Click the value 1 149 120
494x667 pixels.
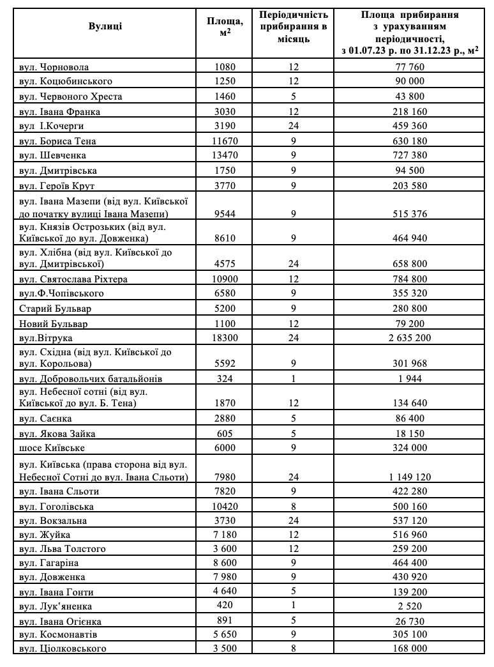[x=411, y=477]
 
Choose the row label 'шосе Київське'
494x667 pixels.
[x=52, y=448]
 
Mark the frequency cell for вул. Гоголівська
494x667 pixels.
[x=294, y=506]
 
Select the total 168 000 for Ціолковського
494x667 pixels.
[x=411, y=649]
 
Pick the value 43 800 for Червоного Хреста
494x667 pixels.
[x=411, y=96]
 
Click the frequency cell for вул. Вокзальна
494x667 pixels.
[x=294, y=521]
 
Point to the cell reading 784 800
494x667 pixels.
[x=411, y=279]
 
